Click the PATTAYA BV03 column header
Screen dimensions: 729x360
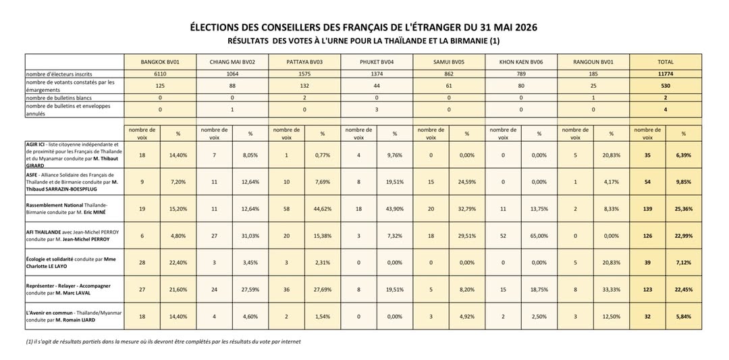pyautogui.click(x=304, y=62)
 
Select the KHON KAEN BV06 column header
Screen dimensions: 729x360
pyautogui.click(x=520, y=62)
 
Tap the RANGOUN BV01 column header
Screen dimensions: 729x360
pyautogui.click(x=593, y=62)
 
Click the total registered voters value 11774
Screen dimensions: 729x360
pyautogui.click(x=666, y=74)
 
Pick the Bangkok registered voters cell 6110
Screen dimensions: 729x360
pyautogui.click(x=160, y=74)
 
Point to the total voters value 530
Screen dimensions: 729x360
pyautogui.click(x=666, y=86)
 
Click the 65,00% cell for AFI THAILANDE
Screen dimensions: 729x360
pyautogui.click(x=539, y=236)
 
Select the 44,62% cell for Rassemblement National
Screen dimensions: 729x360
pyautogui.click(x=322, y=209)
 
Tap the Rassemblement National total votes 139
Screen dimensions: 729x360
pyautogui.click(x=647, y=209)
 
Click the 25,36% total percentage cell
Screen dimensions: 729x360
pyautogui.click(x=683, y=209)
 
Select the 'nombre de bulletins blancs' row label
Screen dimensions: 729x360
pyautogui.click(x=56, y=98)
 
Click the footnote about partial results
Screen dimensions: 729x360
pyautogui.click(x=163, y=342)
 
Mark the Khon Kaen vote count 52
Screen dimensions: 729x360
pyautogui.click(x=503, y=236)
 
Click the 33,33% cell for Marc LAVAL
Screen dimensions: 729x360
pyautogui.click(x=611, y=289)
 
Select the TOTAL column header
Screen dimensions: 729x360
pyautogui.click(x=666, y=62)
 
